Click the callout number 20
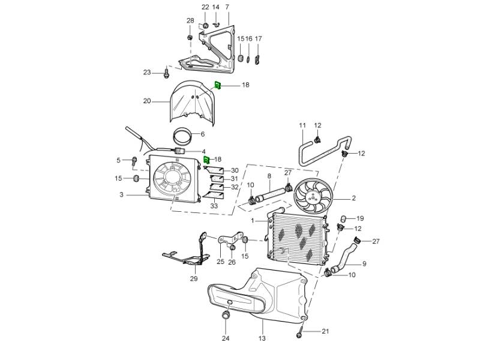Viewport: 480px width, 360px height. (147, 101)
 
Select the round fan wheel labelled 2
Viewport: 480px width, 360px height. (313, 196)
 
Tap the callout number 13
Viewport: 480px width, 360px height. (262, 338)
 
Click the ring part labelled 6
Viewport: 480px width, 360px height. (183, 137)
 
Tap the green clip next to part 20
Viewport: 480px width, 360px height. (218, 85)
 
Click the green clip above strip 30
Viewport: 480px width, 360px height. (207, 160)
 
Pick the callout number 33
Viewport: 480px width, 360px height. (214, 206)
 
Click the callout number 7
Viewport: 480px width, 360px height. (227, 7)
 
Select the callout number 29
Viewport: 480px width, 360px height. (194, 278)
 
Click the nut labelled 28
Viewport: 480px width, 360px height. (190, 38)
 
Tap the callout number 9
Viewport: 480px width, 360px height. (364, 263)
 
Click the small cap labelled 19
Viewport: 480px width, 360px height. (344, 218)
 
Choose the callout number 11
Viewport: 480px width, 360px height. (302, 125)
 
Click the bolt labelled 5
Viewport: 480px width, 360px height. (134, 161)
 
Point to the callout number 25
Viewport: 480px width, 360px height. (221, 262)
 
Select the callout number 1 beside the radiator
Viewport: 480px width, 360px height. (253, 220)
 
